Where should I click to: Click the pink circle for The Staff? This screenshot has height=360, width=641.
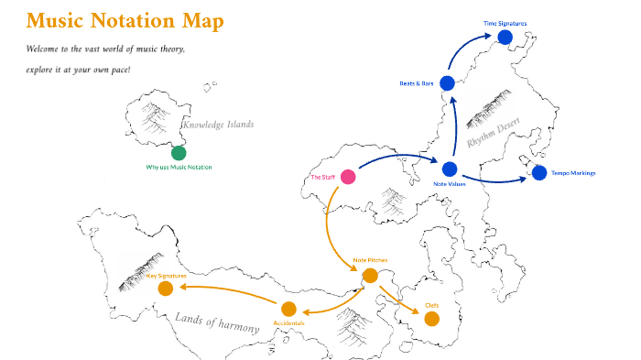(x=348, y=177)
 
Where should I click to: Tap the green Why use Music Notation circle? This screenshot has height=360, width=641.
(x=179, y=153)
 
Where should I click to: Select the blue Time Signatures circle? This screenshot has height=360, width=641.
(x=505, y=37)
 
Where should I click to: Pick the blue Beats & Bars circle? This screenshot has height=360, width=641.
(x=447, y=83)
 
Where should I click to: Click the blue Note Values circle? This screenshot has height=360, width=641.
(x=450, y=169)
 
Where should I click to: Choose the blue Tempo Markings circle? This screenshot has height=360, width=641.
(x=538, y=172)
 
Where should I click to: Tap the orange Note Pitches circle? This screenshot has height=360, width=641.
(x=370, y=275)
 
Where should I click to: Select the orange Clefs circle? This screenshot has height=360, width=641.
(x=431, y=319)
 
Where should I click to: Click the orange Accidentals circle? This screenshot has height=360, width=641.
(x=288, y=309)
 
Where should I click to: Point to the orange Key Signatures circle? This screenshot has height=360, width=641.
(x=166, y=289)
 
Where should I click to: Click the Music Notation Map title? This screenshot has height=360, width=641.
(x=125, y=21)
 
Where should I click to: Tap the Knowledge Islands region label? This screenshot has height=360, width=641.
(x=217, y=125)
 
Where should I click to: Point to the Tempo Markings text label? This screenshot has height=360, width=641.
(x=574, y=172)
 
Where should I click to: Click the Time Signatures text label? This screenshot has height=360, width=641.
(x=505, y=23)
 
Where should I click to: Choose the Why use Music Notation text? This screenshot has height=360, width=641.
(x=179, y=167)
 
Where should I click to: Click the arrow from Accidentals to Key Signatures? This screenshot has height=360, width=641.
(x=229, y=292)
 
